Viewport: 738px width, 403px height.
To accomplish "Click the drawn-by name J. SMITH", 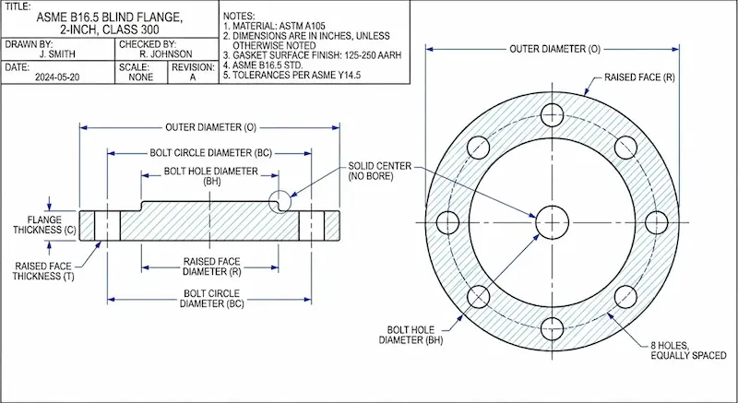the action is pyautogui.click(x=57, y=54).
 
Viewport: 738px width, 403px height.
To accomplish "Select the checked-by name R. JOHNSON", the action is pyautogui.click(x=166, y=54).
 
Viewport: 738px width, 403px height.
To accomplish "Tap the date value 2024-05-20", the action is pyautogui.click(x=57, y=77).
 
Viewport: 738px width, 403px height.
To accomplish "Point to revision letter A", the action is pyautogui.click(x=193, y=77).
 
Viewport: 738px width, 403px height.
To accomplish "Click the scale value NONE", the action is pyautogui.click(x=141, y=77).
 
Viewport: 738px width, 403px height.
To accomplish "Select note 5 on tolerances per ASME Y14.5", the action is pyautogui.click(x=292, y=76).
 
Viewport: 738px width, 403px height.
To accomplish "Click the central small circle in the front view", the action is pyautogui.click(x=552, y=222).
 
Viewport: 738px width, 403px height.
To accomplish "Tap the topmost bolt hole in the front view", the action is pyautogui.click(x=552, y=114).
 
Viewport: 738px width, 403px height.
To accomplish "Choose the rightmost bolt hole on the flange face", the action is pyautogui.click(x=657, y=222).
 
